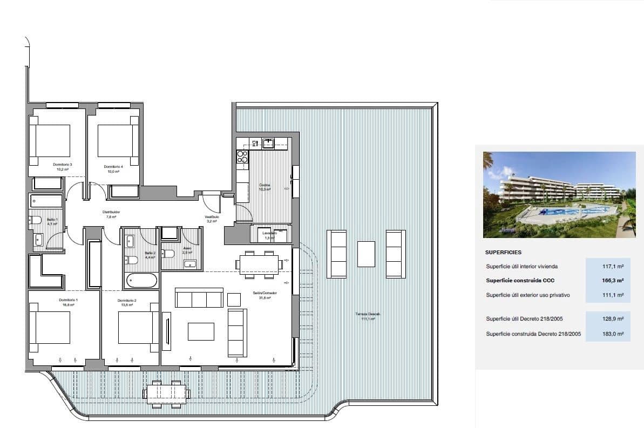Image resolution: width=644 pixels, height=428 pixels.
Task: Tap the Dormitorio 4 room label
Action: tap(113, 168)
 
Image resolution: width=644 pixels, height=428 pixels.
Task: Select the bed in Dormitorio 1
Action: tap(52, 327)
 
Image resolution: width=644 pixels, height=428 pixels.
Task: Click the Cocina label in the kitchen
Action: tap(265, 187)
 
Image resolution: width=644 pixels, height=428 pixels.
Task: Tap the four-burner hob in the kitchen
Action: tap(242, 157)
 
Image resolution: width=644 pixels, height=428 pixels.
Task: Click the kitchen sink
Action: tap(268, 143)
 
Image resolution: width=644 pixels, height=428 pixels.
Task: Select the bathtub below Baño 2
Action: tap(142, 280)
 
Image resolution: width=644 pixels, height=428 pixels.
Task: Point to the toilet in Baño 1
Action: tap(35, 220)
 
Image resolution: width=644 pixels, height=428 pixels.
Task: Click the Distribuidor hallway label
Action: tap(111, 214)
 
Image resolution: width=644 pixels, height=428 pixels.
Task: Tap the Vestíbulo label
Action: tap(211, 219)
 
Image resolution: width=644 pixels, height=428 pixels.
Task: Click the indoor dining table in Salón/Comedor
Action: tap(258, 264)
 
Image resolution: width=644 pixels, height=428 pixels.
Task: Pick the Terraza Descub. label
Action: tap(368, 316)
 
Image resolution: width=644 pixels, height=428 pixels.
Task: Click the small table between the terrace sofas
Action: tap(366, 253)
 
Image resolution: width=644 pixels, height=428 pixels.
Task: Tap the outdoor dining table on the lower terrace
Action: tap(167, 391)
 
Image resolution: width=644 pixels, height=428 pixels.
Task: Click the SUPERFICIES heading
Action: tap(503, 252)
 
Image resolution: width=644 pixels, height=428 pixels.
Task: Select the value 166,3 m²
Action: tap(613, 281)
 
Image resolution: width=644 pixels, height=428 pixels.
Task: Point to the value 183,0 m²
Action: tap(613, 334)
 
